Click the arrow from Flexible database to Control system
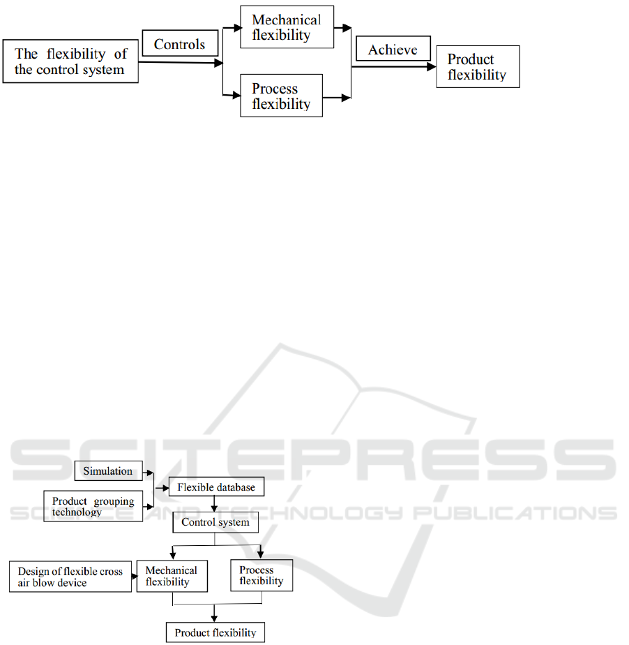pyautogui.click(x=214, y=504)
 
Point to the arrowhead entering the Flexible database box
pyautogui.click(x=165, y=488)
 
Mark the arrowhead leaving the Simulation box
pyautogui.click(x=151, y=473)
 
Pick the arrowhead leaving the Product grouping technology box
pyautogui.click(x=151, y=507)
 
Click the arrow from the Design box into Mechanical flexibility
pyautogui.click(x=135, y=576)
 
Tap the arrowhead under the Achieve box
pyautogui.click(x=432, y=66)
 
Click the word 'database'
pyautogui.click(x=236, y=487)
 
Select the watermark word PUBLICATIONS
pyautogui.click(x=515, y=513)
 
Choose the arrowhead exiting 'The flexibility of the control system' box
pyautogui.click(x=218, y=63)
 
